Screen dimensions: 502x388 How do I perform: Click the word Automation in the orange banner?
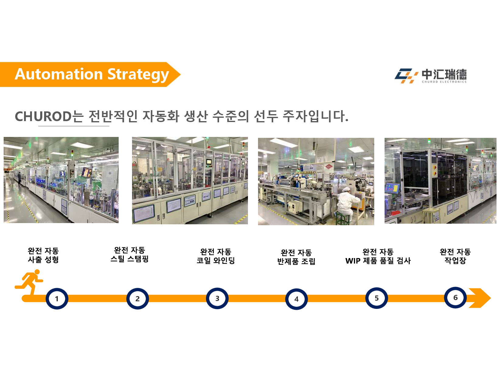point(59,74)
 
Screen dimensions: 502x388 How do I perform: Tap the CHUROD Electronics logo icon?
point(406,76)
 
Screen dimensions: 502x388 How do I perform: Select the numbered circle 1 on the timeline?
point(57,299)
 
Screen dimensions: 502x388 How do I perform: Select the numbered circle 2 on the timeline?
point(138,299)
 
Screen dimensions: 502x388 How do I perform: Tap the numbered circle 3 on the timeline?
point(217,298)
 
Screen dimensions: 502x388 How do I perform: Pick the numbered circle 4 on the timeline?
point(296,299)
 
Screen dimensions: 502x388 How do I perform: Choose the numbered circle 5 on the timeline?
point(376,298)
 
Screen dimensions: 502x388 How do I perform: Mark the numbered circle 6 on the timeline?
point(455,297)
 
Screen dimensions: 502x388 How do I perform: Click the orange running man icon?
point(29,282)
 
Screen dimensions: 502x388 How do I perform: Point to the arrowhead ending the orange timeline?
point(480,298)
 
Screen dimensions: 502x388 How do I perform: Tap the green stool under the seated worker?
point(343,218)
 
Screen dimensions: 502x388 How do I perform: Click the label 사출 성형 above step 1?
point(43,260)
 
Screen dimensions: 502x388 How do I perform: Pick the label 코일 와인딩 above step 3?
point(215,260)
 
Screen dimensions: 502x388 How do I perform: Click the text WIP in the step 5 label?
point(353,261)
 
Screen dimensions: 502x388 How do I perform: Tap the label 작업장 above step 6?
point(455,260)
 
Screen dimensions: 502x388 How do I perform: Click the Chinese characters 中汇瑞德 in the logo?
point(444,74)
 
